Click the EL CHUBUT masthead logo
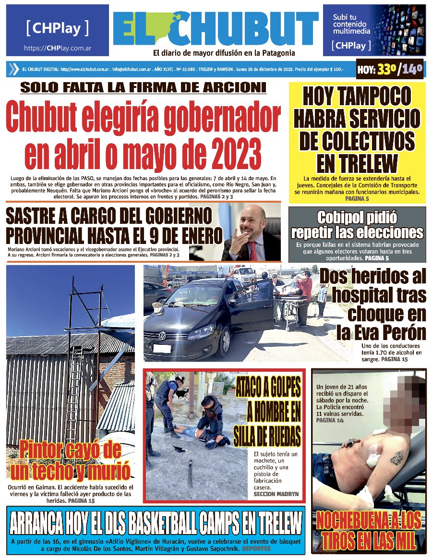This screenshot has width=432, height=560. click(216, 29)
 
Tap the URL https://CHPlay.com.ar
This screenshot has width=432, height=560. click(58, 48)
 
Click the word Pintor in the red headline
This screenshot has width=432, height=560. click(43, 450)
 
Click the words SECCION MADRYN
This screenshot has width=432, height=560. click(276, 494)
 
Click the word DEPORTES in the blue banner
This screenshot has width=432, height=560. click(256, 548)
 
